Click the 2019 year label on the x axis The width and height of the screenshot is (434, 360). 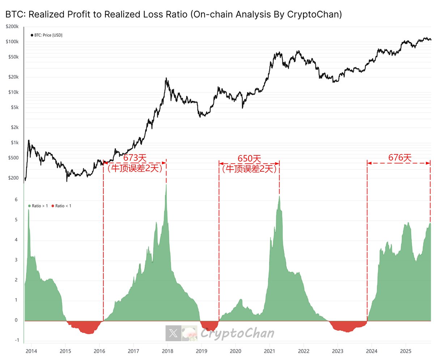point(201,351)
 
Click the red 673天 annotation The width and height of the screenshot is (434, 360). point(135,158)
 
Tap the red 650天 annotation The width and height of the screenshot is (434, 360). point(249,158)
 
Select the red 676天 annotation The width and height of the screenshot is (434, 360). point(400,158)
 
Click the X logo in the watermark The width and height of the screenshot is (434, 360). point(173,333)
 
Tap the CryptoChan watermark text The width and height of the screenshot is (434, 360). point(237,333)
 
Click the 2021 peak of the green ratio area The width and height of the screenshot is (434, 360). point(279,197)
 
